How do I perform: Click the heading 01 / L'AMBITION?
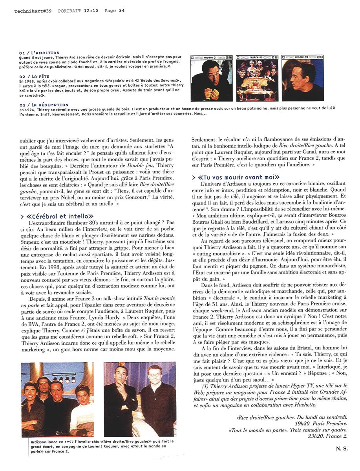39,53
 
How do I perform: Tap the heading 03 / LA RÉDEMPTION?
44,105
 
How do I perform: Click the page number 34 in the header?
122,11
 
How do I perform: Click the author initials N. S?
341,449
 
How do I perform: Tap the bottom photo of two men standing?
140,399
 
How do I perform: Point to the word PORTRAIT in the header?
69,11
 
